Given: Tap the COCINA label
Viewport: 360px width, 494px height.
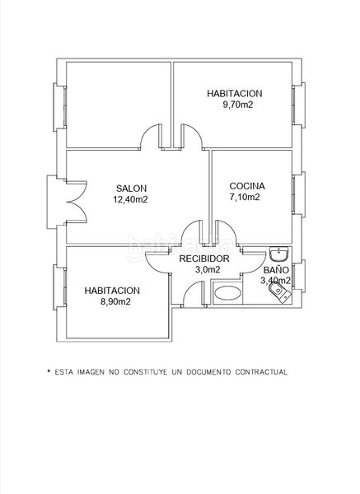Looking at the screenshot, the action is pos(247,186).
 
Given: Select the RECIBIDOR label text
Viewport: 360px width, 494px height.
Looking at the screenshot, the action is pos(204,259).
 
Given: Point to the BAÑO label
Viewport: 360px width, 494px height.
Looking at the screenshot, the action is pos(276,270).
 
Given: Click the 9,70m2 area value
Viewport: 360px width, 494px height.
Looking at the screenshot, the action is pos(238,105).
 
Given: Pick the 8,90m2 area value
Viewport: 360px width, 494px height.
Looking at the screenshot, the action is pos(115,301).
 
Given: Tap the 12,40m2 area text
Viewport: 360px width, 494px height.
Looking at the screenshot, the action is pos(130,199).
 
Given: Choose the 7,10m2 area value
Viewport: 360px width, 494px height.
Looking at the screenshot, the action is pos(245,198).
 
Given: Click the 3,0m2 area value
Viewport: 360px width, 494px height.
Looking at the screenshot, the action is pos(208,270).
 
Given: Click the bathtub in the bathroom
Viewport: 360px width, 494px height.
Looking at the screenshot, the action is pos(227,293).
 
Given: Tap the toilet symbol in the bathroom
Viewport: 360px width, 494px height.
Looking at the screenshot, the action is pos(280,292).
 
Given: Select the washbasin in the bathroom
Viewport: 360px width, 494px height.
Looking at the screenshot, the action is pos(279,254).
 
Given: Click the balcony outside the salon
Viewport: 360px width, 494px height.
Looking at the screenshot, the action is pos(52,202).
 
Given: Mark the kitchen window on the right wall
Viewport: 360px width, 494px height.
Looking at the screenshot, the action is pos(298,194).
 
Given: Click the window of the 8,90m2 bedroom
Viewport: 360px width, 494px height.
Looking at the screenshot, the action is pos(59,287).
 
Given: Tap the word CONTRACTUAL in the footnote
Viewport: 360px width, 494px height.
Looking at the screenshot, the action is pos(261,372).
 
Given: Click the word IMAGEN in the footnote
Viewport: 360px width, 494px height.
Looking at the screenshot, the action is pos(91,372).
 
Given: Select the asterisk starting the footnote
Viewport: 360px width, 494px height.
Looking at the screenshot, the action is pos(49,371).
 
